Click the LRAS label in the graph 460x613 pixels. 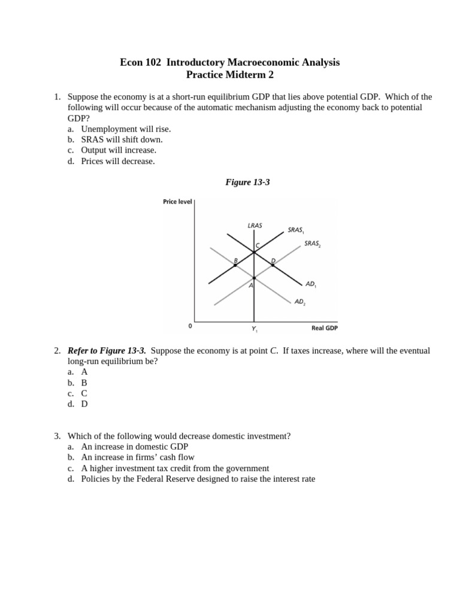pos(255,226)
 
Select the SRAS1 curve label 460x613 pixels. pos(296,230)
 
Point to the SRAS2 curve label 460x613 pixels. pos(312,244)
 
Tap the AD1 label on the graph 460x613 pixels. pos(310,284)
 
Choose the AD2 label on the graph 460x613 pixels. pos(299,302)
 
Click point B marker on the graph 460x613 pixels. pos(235,265)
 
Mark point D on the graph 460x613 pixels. pos(273,265)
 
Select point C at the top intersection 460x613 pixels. pos(254,252)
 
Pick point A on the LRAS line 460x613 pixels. pos(254,278)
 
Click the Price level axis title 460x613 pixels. pos(177,202)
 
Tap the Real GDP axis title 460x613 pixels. pos(325,328)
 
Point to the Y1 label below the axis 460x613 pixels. pos(254,329)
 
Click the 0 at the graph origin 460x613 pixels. pos(190,326)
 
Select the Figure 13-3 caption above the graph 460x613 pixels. pos(247,182)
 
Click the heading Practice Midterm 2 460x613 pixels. pos(229,75)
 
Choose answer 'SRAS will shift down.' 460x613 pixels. pos(122,139)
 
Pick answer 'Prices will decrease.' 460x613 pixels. pos(118,161)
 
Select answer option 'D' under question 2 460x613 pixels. pos(84,404)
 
